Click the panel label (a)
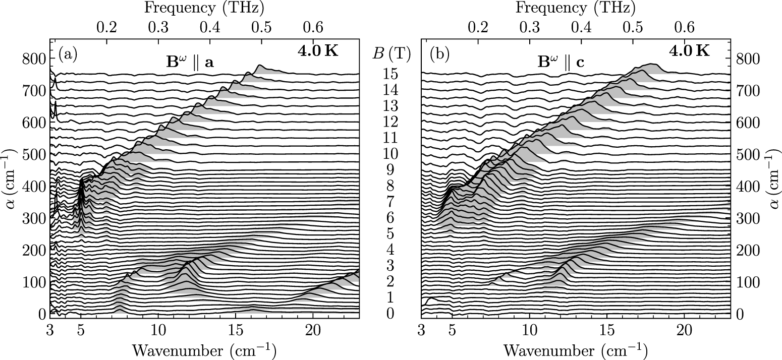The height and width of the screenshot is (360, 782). click(x=68, y=53)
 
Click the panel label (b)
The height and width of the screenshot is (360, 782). click(x=438, y=53)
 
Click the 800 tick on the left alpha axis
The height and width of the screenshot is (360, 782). click(x=33, y=59)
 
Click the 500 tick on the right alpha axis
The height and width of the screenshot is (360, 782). click(x=748, y=154)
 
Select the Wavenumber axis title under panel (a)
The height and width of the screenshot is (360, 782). click(x=204, y=349)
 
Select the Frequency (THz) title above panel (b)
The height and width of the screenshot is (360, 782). click(x=576, y=8)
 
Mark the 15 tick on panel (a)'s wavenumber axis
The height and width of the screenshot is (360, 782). click(x=235, y=330)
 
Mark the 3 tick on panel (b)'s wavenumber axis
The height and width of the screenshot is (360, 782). click(x=421, y=330)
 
